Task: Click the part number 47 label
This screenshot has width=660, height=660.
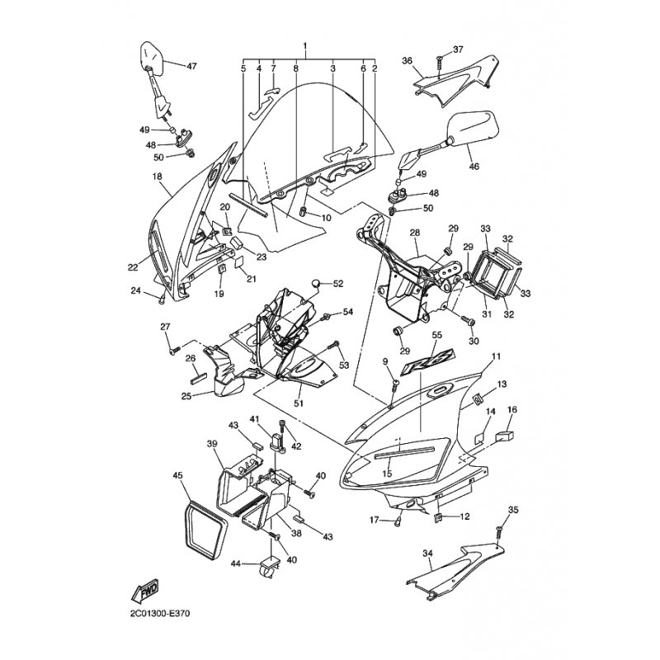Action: pos(191,66)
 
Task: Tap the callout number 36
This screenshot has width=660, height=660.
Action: pos(407,60)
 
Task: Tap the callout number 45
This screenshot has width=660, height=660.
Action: pos(177,475)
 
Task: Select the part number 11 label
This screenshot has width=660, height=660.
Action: pos(520,356)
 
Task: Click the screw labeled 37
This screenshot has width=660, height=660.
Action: pos(441,63)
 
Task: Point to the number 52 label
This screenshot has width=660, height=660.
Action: pos(337,284)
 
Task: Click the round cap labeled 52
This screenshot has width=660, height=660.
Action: pos(315,285)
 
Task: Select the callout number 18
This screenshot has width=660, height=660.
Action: pos(156,177)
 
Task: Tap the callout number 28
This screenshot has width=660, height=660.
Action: pos(415,233)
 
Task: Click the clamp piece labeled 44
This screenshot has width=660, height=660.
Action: pos(269,568)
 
